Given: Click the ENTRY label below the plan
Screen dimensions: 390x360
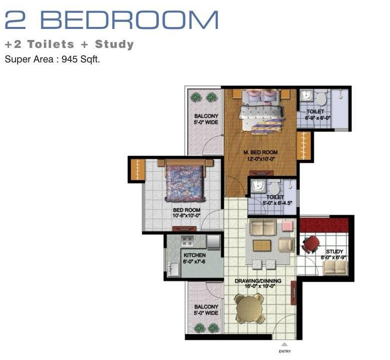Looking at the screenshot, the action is point(285,352).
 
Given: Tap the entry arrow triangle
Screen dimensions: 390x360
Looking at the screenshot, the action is point(285,345).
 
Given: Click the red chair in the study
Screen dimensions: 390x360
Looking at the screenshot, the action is point(311,244).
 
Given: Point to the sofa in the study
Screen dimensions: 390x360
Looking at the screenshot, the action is point(335,268).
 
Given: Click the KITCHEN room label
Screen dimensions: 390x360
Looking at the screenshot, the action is point(195,255).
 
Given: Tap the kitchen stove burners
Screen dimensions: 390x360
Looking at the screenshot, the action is point(187,241).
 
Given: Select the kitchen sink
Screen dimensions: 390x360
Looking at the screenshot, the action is point(174,269).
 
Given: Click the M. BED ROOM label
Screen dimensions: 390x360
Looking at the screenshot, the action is point(260,152).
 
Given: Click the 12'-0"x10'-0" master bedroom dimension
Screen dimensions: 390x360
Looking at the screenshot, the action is point(261,159).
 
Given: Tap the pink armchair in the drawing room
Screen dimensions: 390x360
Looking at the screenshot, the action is point(288,226).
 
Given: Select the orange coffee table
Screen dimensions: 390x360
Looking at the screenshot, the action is point(262,246).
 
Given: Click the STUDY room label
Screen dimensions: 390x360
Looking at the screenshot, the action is point(335,251).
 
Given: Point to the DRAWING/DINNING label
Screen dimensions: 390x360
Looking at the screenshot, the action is point(258,281).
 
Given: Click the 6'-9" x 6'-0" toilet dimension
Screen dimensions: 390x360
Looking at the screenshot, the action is point(318,118).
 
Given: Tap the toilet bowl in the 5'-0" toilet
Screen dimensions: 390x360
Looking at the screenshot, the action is point(275,188).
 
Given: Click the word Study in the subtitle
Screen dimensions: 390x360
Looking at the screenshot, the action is point(114,44).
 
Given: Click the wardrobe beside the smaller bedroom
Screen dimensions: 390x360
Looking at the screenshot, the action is point(136,170).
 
